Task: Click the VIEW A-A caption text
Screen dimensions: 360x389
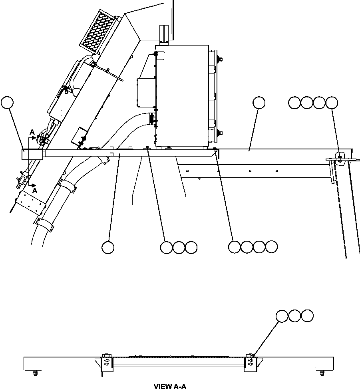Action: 170,386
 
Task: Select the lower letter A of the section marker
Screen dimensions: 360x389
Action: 35,191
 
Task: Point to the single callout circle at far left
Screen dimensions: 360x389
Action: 7,103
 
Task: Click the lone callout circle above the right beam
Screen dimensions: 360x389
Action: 259,103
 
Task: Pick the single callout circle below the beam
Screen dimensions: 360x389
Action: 107,248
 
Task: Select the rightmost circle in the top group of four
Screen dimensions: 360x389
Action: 332,103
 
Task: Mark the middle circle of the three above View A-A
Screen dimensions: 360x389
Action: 294,316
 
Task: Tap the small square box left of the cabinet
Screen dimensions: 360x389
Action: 145,92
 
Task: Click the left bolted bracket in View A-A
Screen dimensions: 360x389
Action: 107,363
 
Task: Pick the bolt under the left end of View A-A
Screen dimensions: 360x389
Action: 35,373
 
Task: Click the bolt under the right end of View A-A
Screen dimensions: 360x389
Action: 322,373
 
